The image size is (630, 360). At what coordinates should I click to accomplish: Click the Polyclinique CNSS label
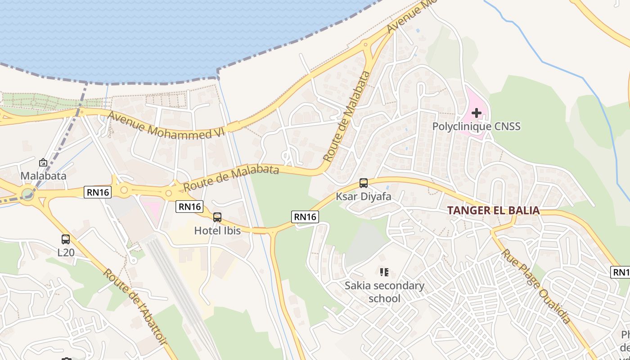(x=476, y=126)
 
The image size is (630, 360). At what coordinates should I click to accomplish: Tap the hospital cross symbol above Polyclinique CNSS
(x=476, y=112)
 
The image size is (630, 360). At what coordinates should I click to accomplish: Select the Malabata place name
(x=43, y=176)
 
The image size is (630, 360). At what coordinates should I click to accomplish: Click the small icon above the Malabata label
(x=43, y=162)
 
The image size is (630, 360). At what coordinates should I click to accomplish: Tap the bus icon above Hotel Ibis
(x=217, y=217)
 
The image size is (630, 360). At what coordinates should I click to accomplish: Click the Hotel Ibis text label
(x=217, y=231)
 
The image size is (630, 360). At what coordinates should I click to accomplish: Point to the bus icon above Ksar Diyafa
(x=364, y=183)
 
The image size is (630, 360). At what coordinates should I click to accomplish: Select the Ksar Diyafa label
(x=364, y=197)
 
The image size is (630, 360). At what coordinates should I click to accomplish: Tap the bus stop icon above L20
(x=66, y=239)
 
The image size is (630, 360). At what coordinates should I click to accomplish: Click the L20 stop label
(x=66, y=252)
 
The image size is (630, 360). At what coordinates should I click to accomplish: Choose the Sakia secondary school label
(x=384, y=292)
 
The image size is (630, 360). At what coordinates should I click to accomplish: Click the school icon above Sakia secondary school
(x=384, y=272)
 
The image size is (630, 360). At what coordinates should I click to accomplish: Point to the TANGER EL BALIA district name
(x=493, y=211)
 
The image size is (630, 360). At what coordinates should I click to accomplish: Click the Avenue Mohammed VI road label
(x=160, y=125)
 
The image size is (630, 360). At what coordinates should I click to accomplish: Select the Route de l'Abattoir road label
(x=134, y=306)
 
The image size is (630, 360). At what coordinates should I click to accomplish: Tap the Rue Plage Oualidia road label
(x=536, y=286)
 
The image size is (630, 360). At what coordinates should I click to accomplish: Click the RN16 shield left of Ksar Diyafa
(x=305, y=217)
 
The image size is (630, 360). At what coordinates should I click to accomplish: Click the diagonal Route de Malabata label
(x=346, y=116)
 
